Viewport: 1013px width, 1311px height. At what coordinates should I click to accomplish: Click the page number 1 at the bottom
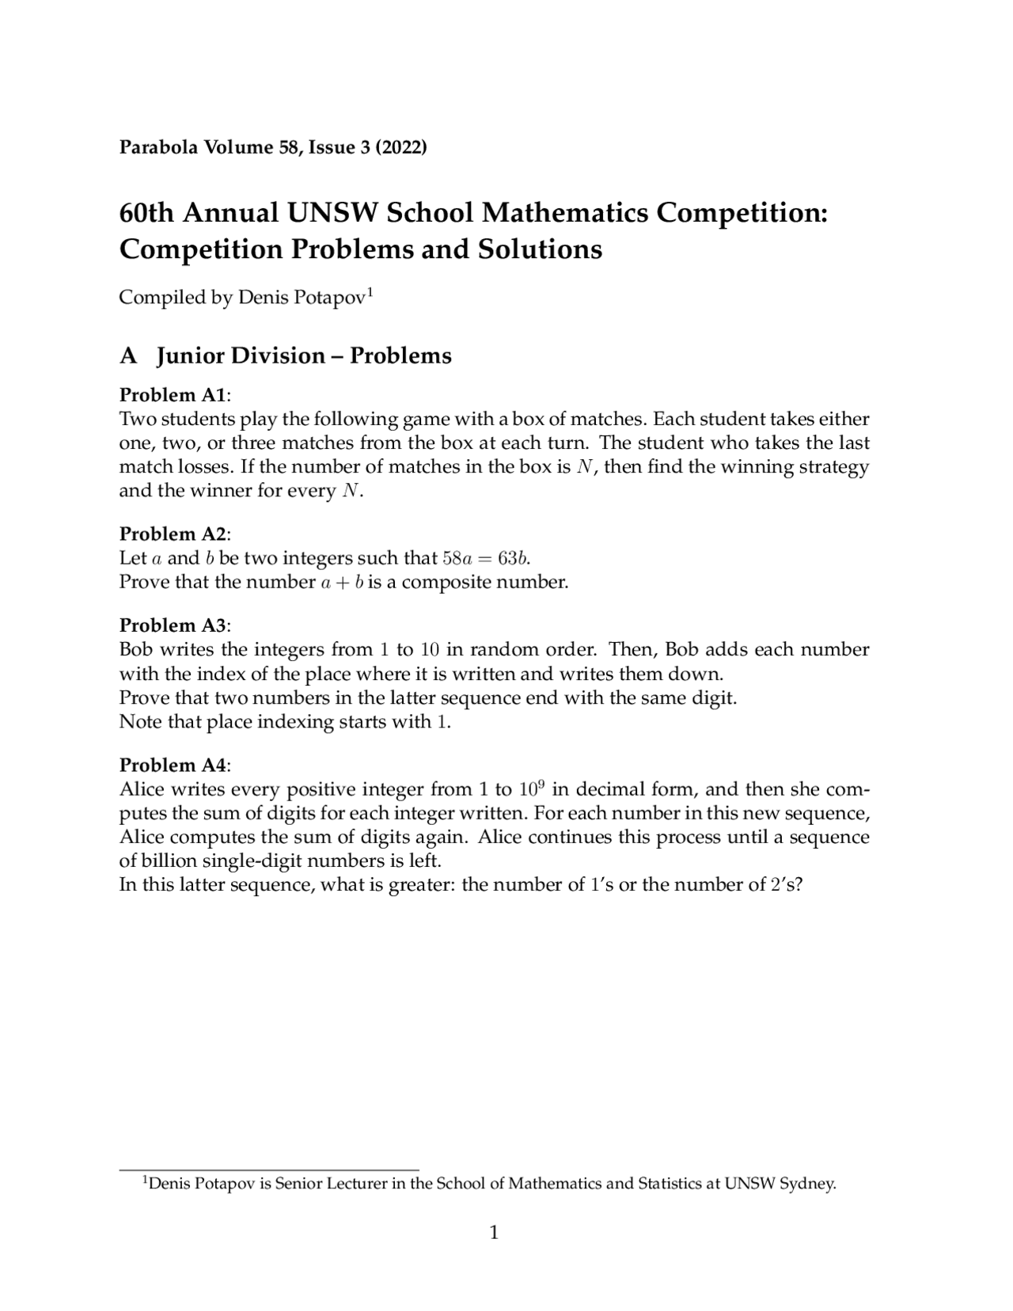(495, 1233)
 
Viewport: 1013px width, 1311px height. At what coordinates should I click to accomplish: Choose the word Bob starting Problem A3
(136, 650)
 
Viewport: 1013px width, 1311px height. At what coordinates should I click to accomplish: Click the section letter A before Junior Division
(128, 356)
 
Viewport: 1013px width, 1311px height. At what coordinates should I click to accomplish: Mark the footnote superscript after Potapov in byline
(370, 293)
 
